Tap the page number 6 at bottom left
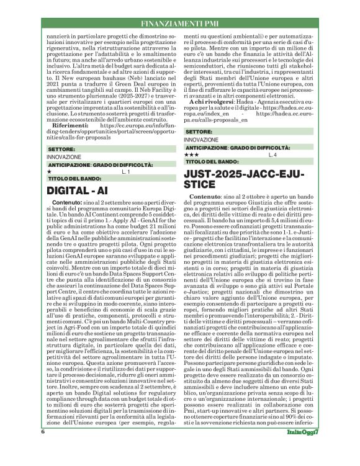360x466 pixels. pos(43,449)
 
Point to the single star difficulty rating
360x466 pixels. pos(49,171)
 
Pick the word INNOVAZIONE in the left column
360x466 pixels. pos(63,158)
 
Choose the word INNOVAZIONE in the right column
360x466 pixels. pos(201,140)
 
